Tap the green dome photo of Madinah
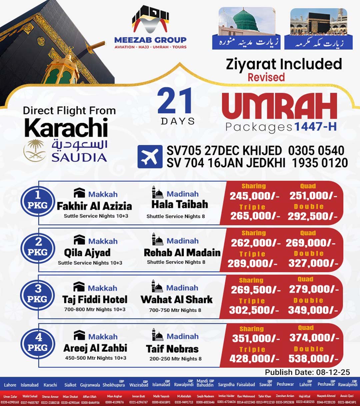click(247, 22)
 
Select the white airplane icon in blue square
click(150, 156)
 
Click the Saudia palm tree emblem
click(34, 151)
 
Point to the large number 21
click(175, 101)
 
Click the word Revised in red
click(266, 77)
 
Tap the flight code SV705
click(184, 151)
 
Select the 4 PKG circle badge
click(37, 343)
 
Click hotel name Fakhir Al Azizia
click(94, 206)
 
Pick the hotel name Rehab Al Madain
click(182, 253)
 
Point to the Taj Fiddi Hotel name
click(95, 299)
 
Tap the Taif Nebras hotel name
click(172, 349)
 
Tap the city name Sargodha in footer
click(226, 385)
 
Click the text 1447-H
click(315, 127)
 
